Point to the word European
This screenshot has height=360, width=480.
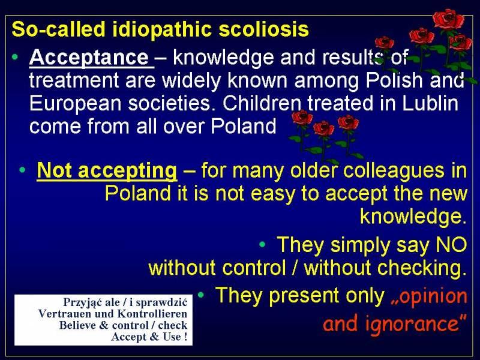(x=76, y=104)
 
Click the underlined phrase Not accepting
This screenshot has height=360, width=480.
(x=107, y=170)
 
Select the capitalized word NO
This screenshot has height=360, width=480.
(x=451, y=245)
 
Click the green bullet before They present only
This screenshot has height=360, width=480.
(x=201, y=295)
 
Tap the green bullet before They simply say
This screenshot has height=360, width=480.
(x=262, y=244)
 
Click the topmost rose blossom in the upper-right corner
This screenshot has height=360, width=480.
(x=448, y=19)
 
